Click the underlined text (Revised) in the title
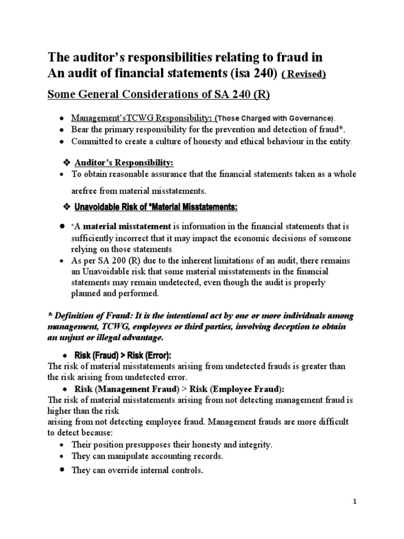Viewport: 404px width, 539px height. (x=304, y=75)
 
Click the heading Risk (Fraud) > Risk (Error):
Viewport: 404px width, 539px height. (x=123, y=355)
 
